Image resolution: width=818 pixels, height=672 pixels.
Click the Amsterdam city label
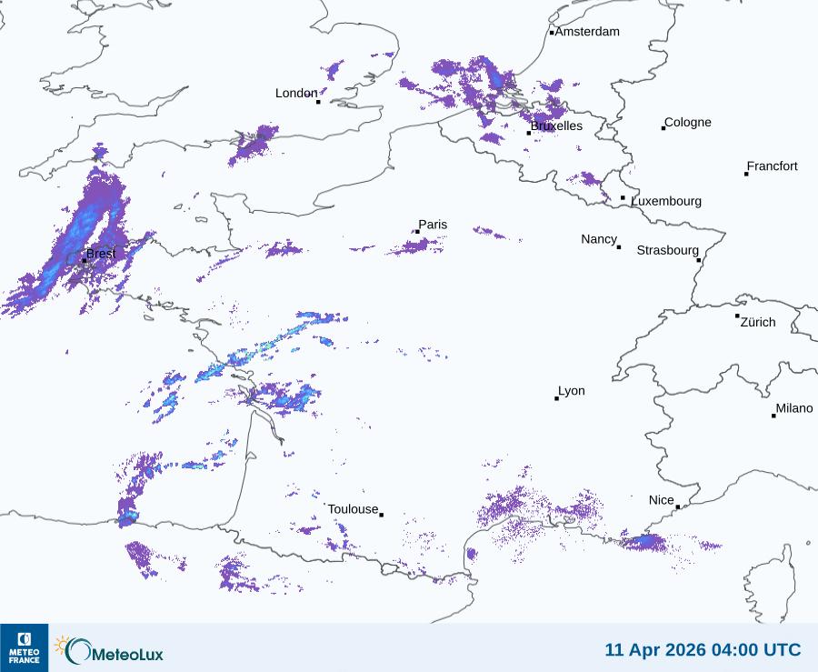tap(587, 32)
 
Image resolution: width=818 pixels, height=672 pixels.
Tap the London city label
tap(296, 94)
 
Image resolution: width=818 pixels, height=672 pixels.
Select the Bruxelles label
tap(556, 126)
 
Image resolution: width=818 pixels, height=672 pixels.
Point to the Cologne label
tap(688, 123)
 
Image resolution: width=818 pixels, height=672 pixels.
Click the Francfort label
tap(773, 166)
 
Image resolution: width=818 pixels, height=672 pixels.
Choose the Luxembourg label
tap(666, 201)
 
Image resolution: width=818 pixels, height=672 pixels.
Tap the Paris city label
tap(433, 226)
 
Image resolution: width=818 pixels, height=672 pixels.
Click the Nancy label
tap(599, 239)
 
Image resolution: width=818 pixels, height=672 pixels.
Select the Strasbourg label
tap(667, 250)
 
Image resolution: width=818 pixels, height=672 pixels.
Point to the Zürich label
tap(758, 322)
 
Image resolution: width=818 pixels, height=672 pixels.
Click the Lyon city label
tap(572, 391)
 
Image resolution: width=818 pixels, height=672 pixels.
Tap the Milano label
tap(794, 409)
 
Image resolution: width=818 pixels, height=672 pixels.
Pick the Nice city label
tap(662, 500)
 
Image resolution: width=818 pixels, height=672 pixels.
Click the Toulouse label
tap(353, 509)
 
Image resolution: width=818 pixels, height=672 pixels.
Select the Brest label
tap(101, 254)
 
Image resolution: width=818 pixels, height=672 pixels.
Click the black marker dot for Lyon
tap(556, 398)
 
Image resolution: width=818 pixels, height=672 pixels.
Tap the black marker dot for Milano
tap(773, 416)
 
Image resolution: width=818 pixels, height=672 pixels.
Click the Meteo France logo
tap(25, 647)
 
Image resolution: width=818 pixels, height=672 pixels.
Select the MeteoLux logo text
tap(125, 651)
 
